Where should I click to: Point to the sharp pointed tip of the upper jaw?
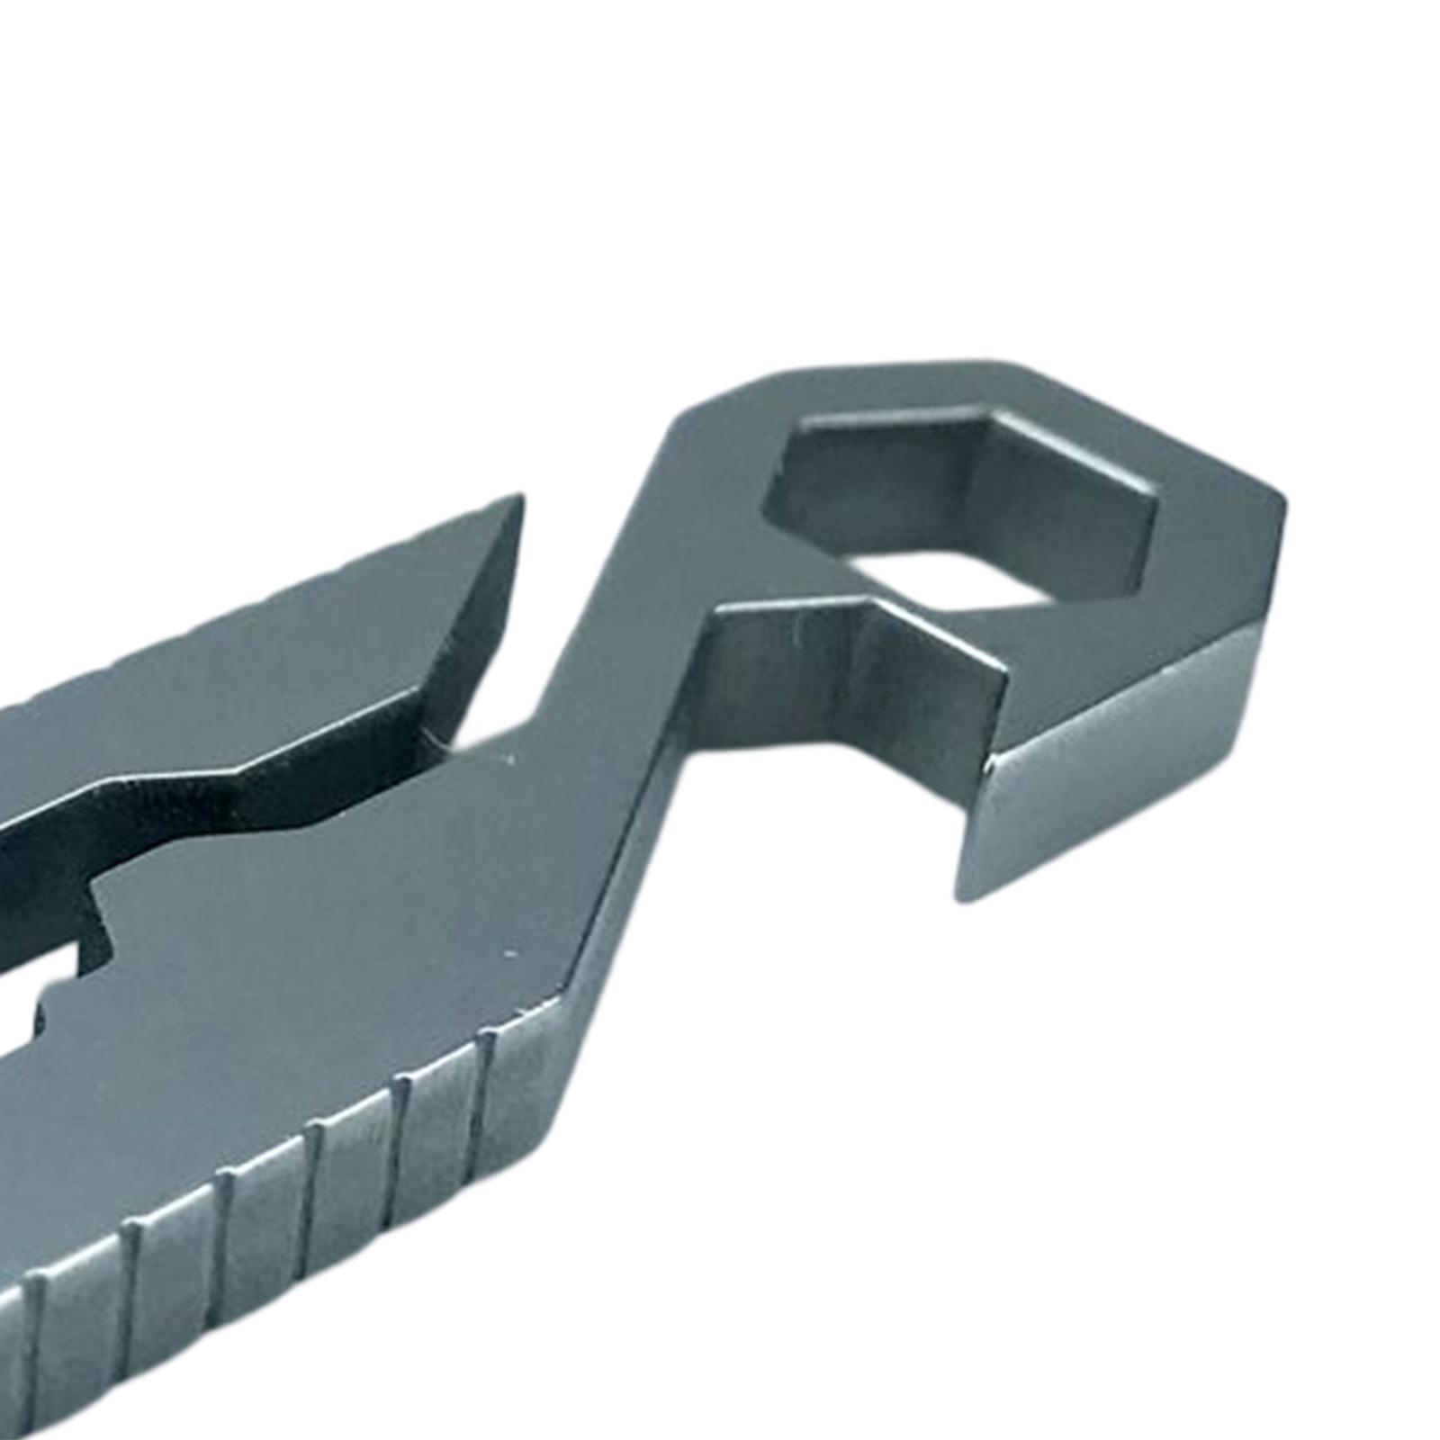point(520,498)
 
